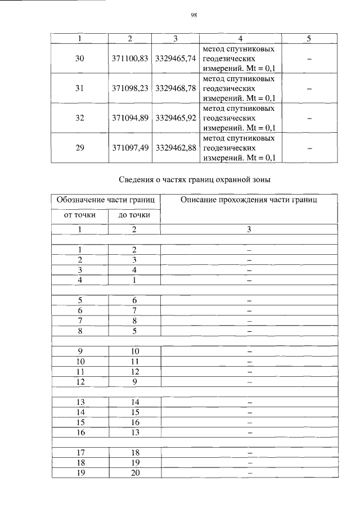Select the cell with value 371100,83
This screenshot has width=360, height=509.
coord(130,58)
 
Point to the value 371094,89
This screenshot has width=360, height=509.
coord(130,118)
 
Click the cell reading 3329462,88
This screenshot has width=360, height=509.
coord(175,147)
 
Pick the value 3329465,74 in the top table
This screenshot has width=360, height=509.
coord(175,58)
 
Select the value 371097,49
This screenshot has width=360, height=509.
coord(130,147)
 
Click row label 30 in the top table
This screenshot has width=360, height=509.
coord(79,58)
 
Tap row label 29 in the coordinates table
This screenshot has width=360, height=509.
coord(79,147)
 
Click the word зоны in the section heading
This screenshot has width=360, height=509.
coord(258,180)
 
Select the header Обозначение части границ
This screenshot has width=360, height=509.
coord(106,200)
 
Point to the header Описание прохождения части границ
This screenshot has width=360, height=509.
coord(249,200)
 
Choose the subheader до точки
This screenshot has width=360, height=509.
coord(134,215)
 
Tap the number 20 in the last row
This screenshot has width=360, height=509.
coord(134,473)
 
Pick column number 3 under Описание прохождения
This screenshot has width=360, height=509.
coord(249,229)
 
